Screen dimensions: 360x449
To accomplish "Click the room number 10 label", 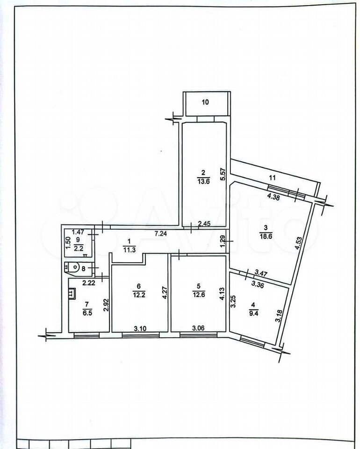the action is pos(205,102).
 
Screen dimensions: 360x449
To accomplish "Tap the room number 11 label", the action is pos(272,178).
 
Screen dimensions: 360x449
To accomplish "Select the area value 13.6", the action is pos(203,181).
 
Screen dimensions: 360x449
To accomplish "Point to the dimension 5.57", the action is pos(224,174).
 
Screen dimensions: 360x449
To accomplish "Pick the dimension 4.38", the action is pos(274,197).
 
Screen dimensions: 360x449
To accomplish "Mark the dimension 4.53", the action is pos(298,243).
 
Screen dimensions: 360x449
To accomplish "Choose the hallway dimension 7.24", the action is pos(161,234).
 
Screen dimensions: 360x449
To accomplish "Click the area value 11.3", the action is pos(129,249).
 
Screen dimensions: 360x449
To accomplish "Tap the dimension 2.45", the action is pos(204,224).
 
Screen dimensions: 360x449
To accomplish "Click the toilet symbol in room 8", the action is pos(73,268).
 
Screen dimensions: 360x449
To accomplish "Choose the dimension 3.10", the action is pos(140,328).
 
